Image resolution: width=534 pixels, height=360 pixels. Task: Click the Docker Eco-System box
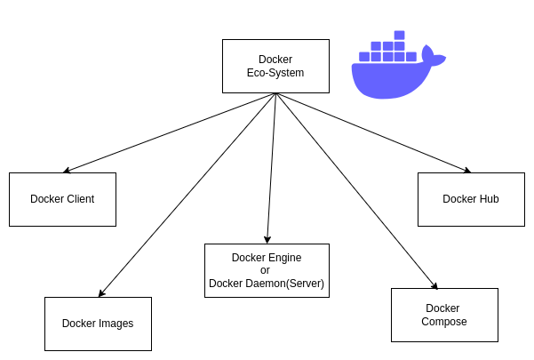(x=275, y=66)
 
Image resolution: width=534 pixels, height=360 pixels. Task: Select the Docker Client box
(x=62, y=199)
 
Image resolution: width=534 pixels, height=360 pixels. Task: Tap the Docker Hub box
(x=471, y=199)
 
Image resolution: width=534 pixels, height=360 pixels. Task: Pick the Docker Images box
(x=98, y=324)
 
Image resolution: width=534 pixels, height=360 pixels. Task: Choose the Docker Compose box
(x=444, y=315)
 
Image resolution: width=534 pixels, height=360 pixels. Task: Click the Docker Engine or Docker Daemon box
(x=267, y=270)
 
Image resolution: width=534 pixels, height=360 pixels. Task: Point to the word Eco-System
(x=275, y=73)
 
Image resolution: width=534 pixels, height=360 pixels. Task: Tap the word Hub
(x=487, y=199)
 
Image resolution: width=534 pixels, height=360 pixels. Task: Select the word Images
(x=116, y=324)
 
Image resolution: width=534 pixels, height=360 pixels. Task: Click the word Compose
(x=444, y=322)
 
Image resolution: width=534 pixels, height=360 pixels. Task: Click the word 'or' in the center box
(x=266, y=270)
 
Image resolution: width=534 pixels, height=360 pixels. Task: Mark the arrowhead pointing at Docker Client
(x=67, y=171)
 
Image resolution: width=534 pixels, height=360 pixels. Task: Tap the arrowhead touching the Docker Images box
(x=101, y=293)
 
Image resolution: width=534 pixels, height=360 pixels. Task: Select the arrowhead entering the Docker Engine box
(x=267, y=240)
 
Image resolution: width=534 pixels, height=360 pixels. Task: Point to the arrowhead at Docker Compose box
(x=435, y=286)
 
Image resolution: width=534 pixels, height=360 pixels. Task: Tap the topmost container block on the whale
(x=399, y=36)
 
